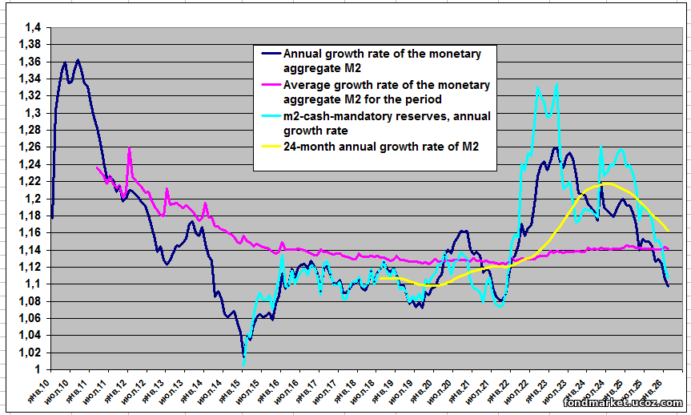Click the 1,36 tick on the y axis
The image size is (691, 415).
[32, 62]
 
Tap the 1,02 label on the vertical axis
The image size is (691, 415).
[32, 353]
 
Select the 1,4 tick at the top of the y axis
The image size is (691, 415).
[35, 28]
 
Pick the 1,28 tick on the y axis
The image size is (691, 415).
[32, 131]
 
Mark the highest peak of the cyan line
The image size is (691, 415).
[556, 83]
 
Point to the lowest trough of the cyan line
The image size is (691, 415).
[244, 363]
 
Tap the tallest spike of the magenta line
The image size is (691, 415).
[129, 148]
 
